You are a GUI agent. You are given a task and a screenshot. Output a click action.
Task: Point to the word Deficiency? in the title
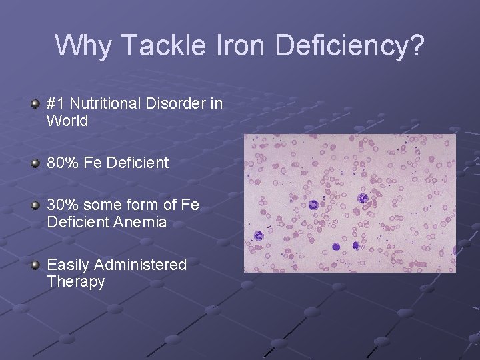[x=349, y=45]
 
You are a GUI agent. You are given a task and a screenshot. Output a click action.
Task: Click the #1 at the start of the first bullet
[x=55, y=104]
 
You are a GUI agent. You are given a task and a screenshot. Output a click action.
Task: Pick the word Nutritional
[x=105, y=104]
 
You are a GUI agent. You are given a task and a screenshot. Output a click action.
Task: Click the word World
[x=67, y=121]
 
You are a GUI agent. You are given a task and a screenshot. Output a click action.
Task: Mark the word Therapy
[x=76, y=282]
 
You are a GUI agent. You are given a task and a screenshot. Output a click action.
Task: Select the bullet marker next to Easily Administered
[x=35, y=265]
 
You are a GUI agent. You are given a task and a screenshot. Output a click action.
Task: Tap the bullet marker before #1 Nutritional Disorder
[x=35, y=105]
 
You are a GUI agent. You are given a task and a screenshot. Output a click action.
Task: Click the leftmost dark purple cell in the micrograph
[x=259, y=235]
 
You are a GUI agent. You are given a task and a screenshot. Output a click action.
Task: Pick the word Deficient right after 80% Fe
[x=137, y=163]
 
